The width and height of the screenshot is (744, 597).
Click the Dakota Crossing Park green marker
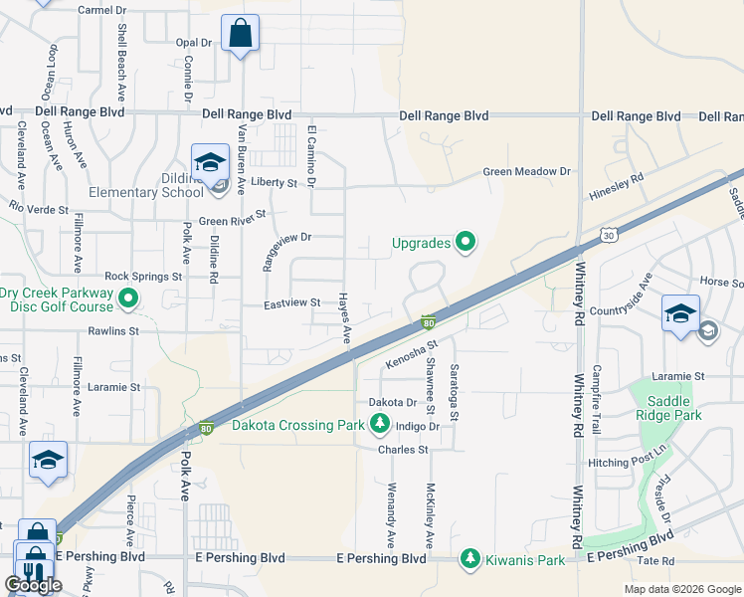tap(379, 426)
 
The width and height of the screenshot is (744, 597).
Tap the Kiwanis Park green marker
tap(469, 559)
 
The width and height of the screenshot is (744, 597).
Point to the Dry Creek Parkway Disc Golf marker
tap(128, 298)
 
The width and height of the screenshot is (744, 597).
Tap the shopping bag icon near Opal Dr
tap(241, 34)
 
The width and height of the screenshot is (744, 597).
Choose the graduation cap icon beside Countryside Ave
tap(681, 314)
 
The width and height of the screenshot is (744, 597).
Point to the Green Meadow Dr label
tap(527, 172)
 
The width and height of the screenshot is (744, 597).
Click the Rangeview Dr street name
tap(287, 239)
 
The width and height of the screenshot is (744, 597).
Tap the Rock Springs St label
tap(143, 276)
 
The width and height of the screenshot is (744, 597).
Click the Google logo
tap(33, 585)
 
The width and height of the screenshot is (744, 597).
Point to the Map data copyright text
tap(682, 589)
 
